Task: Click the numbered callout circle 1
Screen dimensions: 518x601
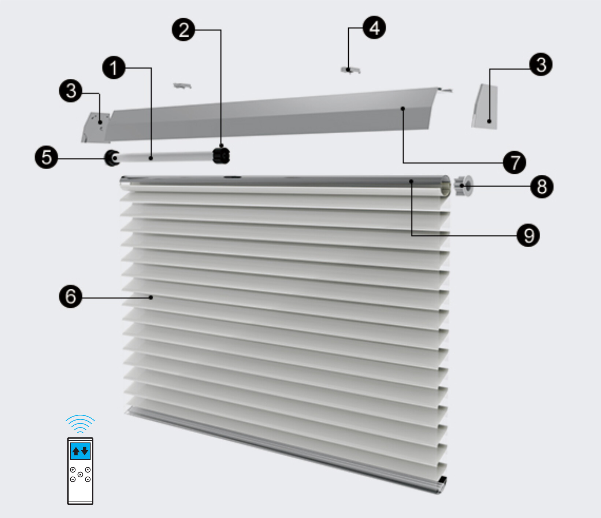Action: tap(114, 68)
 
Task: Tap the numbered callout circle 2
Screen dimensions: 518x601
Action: tap(183, 30)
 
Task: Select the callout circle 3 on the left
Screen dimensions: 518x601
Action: tap(70, 90)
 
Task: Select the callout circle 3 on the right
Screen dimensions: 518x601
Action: tap(541, 64)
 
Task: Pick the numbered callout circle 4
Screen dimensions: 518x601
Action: tap(374, 27)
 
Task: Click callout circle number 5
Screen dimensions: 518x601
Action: tap(46, 157)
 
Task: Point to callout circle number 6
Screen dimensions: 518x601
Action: tap(70, 296)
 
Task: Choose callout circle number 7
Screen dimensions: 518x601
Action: tap(515, 162)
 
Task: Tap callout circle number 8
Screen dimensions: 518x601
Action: tap(542, 186)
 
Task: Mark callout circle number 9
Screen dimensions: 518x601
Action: tap(528, 235)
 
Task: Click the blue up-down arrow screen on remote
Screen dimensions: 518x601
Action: tap(80, 451)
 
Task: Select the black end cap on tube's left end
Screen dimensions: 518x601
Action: tap(112, 158)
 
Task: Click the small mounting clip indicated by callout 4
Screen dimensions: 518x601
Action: tap(350, 70)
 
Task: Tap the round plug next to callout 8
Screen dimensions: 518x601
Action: tap(463, 186)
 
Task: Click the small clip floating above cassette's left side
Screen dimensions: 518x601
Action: tap(182, 86)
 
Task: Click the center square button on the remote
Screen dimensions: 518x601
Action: tap(80, 474)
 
